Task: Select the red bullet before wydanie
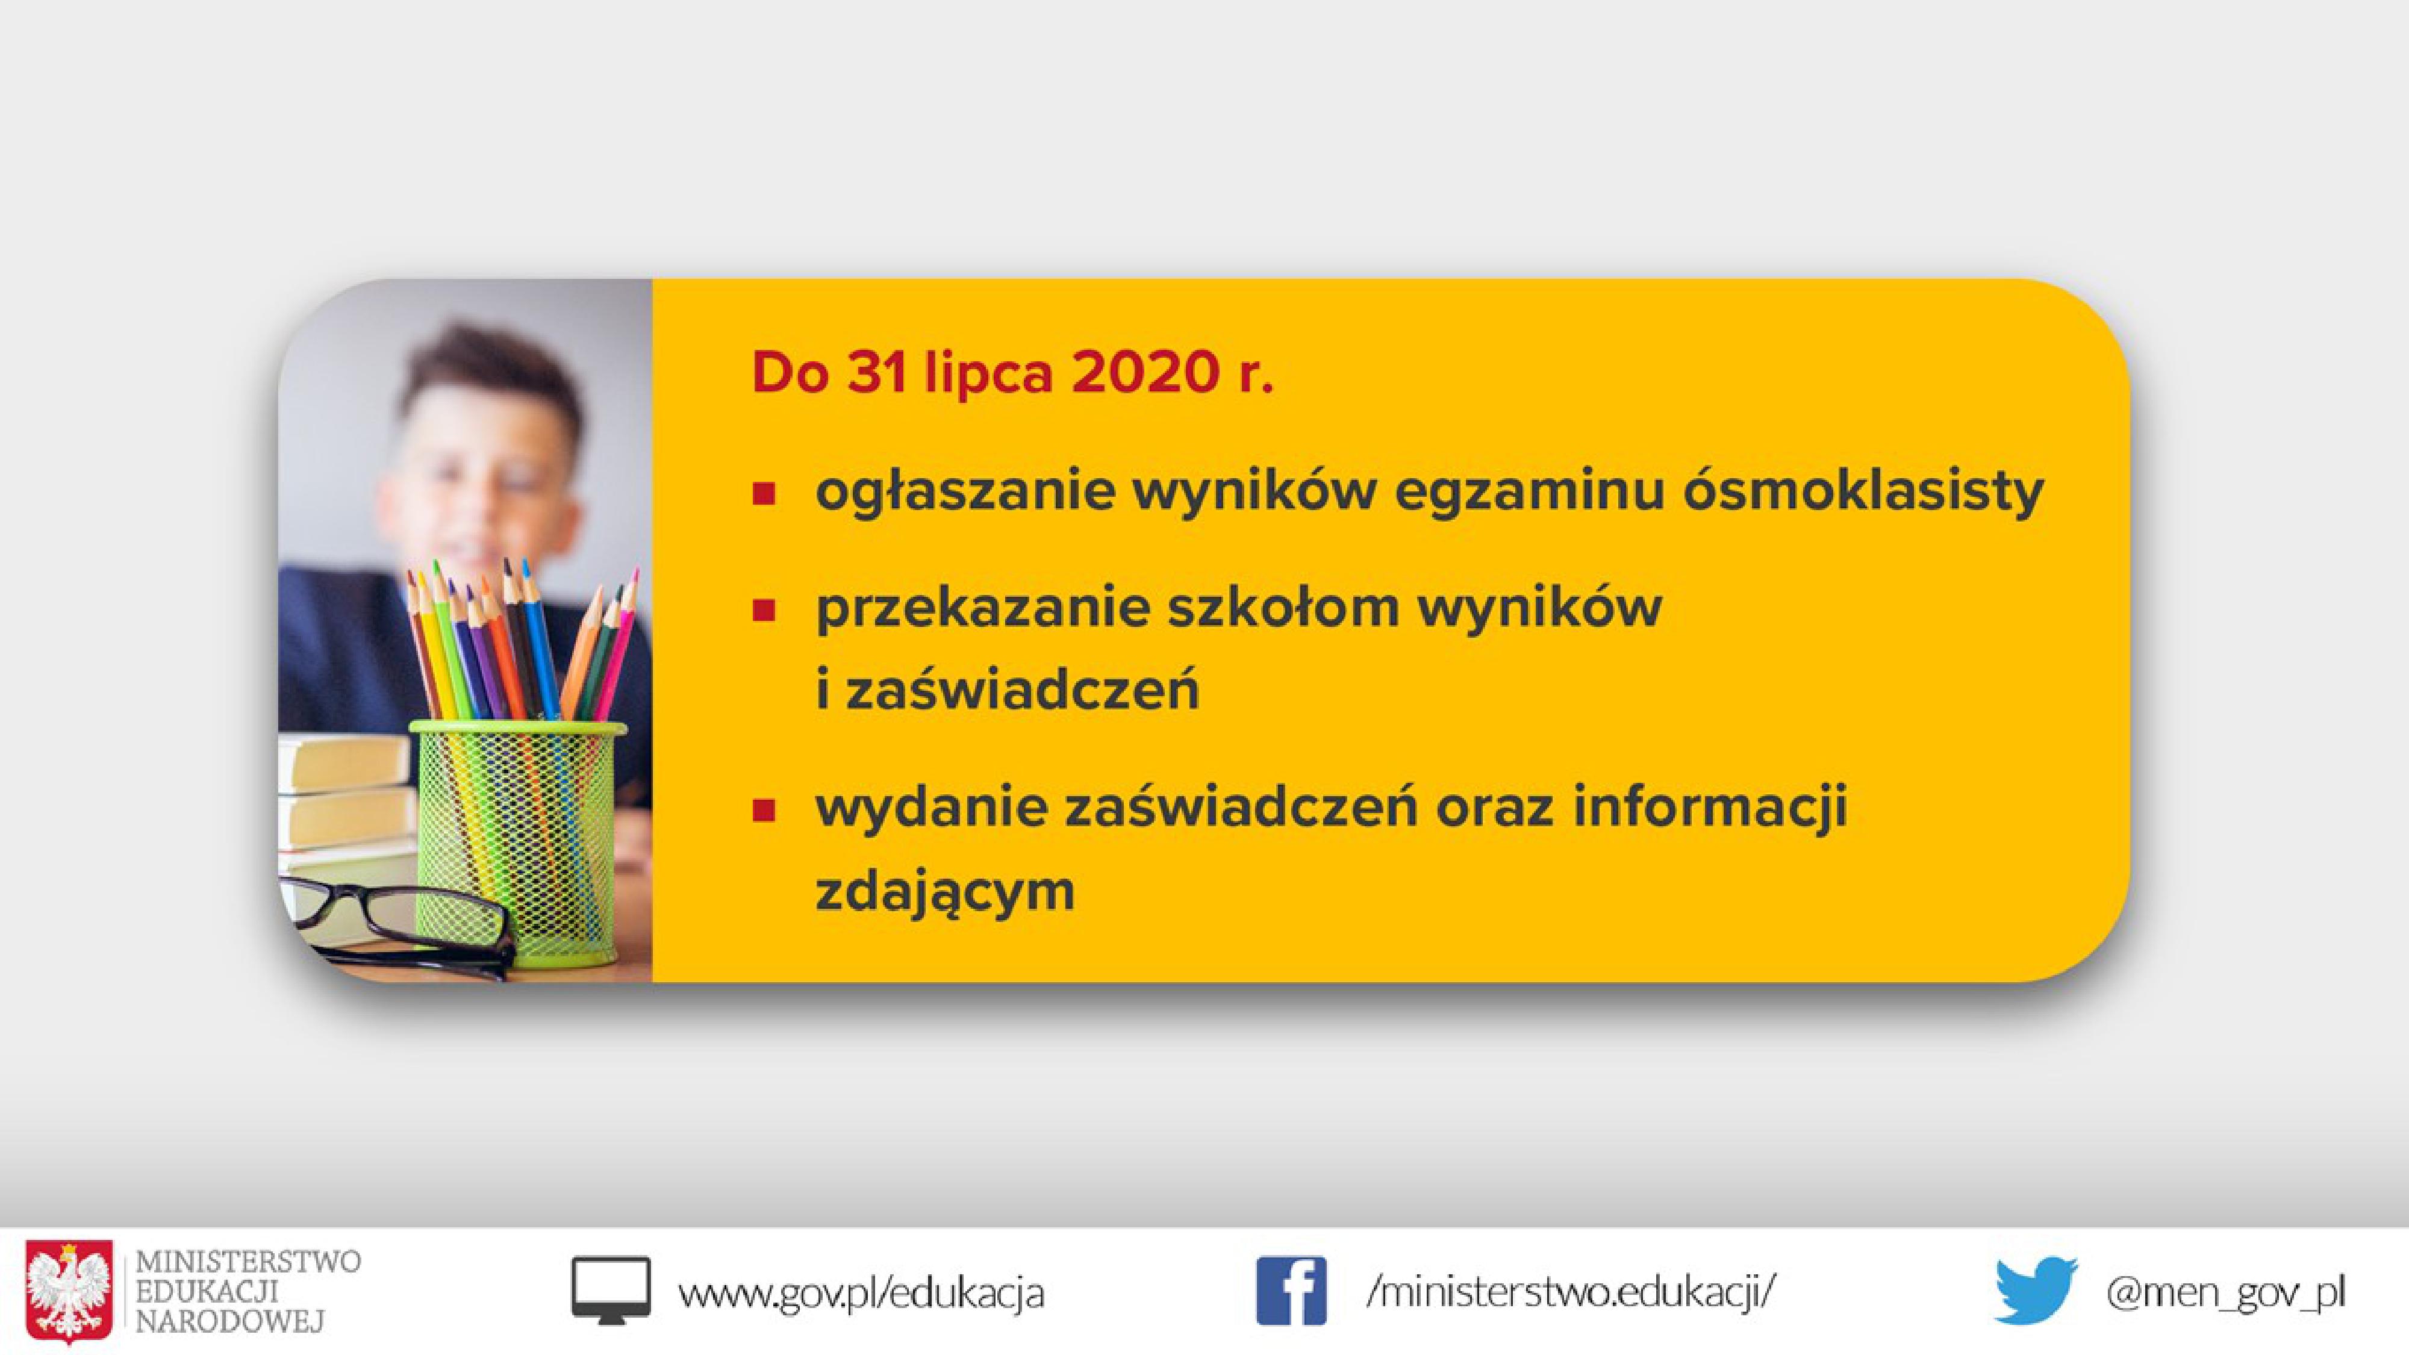pyautogui.click(x=764, y=809)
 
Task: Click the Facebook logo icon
pyautogui.click(x=1291, y=1291)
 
